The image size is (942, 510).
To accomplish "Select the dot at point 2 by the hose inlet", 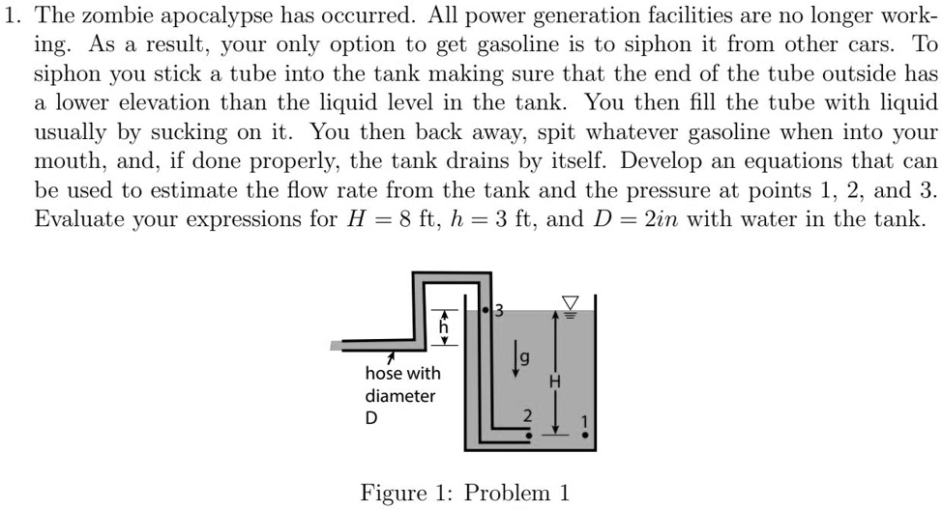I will point(527,436).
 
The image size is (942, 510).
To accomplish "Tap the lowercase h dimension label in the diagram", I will point(445,327).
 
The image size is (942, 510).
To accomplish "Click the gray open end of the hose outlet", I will point(336,345).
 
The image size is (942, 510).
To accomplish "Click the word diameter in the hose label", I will point(399,395).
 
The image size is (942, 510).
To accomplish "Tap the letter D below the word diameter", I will point(371,418).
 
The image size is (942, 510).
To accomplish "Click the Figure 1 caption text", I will point(464,493).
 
